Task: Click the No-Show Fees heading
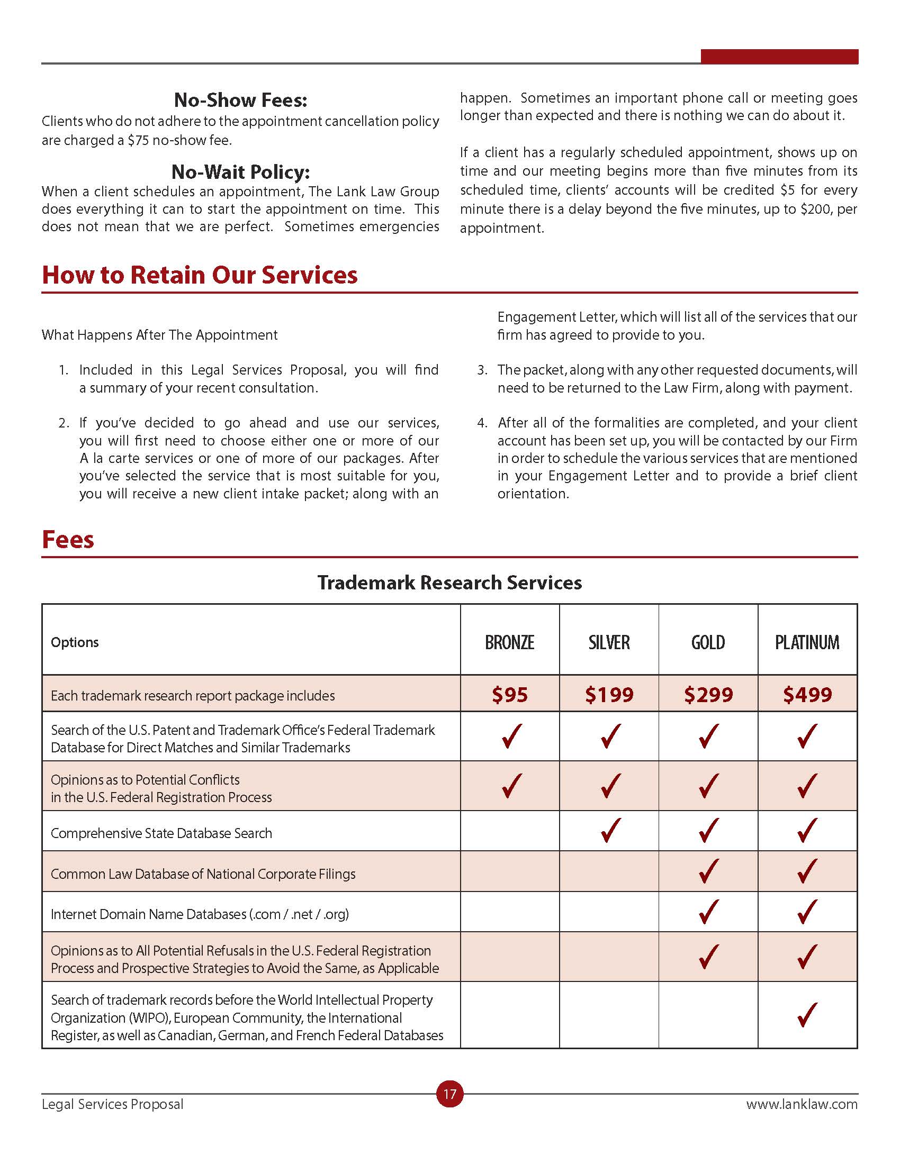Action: [x=240, y=99]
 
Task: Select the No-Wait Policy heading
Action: [x=240, y=171]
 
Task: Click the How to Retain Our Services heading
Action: [x=200, y=275]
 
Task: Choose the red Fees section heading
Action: [x=68, y=539]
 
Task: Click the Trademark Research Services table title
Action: [x=449, y=583]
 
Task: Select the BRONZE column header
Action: [x=509, y=642]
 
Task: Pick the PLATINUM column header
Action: [x=807, y=642]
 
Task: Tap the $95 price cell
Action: [x=509, y=695]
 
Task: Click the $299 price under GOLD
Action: [x=708, y=695]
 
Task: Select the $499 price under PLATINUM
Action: [x=807, y=695]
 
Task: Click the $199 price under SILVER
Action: [x=609, y=695]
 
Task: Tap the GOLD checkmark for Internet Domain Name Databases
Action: [x=708, y=912]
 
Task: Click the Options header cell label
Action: [x=75, y=642]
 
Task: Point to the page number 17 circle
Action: [x=449, y=1094]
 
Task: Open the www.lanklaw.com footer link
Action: [x=802, y=1104]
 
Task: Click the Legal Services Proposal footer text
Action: [x=112, y=1104]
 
